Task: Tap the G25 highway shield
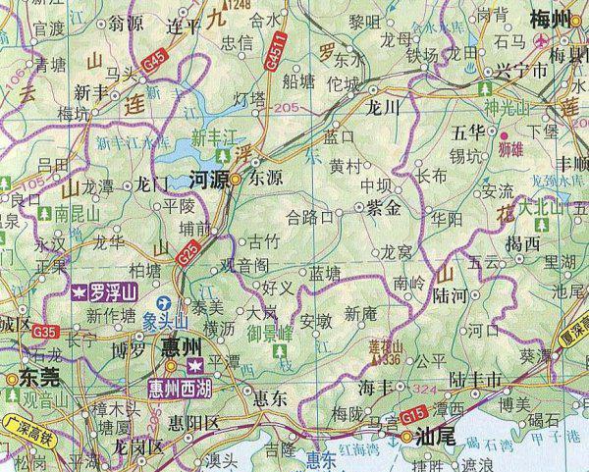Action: tap(190, 258)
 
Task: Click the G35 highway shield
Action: tap(43, 334)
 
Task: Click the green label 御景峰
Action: tap(265, 333)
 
